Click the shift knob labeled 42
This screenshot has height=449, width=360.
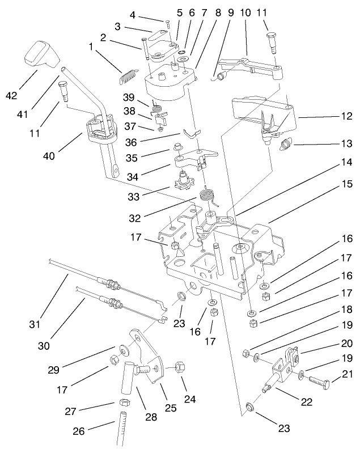(41, 53)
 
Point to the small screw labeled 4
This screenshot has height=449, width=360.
(168, 22)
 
